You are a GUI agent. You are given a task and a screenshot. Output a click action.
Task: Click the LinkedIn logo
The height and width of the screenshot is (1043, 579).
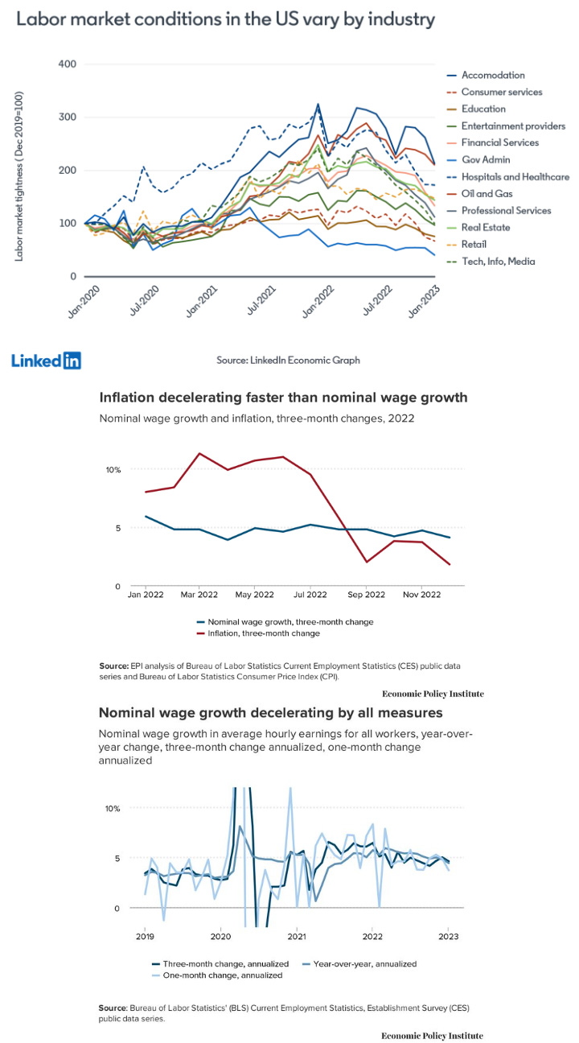(x=46, y=361)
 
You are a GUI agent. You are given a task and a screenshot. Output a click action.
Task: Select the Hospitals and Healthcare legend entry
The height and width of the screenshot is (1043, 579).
(x=507, y=177)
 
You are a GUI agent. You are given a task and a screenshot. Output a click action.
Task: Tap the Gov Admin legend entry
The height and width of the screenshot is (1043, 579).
(x=478, y=159)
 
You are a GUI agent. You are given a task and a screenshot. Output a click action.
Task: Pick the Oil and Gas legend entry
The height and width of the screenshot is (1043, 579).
(x=479, y=194)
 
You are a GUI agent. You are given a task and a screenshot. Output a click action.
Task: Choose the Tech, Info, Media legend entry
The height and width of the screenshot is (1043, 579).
(x=491, y=262)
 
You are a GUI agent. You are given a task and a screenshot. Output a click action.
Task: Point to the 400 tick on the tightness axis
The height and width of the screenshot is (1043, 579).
(x=67, y=64)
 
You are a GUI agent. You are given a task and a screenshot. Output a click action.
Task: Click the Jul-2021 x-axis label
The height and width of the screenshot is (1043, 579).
(x=261, y=300)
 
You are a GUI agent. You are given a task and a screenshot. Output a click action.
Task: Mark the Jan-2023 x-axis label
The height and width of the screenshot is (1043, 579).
(x=424, y=301)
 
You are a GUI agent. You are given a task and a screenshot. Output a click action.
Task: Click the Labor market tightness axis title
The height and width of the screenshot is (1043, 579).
(x=18, y=176)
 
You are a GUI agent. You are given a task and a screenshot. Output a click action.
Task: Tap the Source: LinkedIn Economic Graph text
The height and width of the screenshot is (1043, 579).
(x=288, y=360)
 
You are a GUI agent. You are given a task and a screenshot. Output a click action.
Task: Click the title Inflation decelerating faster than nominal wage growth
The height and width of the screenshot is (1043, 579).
(x=283, y=398)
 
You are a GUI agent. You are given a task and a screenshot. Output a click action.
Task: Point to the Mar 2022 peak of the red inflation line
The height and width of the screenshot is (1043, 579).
(x=199, y=453)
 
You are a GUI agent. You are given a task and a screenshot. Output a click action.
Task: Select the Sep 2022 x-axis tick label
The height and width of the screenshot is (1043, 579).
(x=366, y=595)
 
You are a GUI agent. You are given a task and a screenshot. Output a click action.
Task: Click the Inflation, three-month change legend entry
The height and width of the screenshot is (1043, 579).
(x=258, y=633)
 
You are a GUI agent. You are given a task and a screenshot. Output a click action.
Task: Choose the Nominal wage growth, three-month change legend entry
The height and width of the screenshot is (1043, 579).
(x=285, y=622)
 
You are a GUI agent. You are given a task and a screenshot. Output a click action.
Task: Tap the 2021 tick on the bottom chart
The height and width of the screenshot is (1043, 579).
(x=297, y=937)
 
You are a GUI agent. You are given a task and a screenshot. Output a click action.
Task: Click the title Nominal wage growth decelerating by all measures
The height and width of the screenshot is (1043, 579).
(x=271, y=712)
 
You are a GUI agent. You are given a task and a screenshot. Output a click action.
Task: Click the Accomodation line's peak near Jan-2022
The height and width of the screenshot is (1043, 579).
(x=318, y=105)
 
